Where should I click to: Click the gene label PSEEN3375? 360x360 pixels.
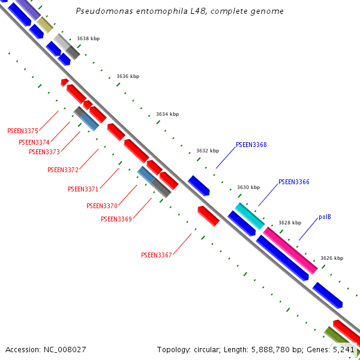coord(23,131)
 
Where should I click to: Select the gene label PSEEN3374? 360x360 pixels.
coord(34,142)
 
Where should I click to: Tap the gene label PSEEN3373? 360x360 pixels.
coord(44,152)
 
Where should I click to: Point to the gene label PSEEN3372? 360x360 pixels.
coord(63,170)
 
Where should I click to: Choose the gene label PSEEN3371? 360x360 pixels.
coord(83,189)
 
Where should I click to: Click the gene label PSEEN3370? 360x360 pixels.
coord(101,206)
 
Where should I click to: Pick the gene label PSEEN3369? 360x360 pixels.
coord(116,219)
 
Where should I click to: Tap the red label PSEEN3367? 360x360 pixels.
coord(157,255)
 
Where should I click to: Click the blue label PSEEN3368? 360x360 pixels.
coord(251,145)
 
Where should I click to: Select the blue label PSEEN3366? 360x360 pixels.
coord(294,182)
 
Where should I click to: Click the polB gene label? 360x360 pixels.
coord(325,217)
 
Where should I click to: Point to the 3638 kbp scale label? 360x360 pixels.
coord(88,38)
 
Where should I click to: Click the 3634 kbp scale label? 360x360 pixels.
coord(167,114)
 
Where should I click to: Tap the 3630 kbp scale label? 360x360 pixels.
coord(248,187)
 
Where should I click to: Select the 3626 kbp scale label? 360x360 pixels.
coord(332,258)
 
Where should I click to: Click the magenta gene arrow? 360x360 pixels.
coord(290,250)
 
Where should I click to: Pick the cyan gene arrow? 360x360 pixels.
coord(249,215)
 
